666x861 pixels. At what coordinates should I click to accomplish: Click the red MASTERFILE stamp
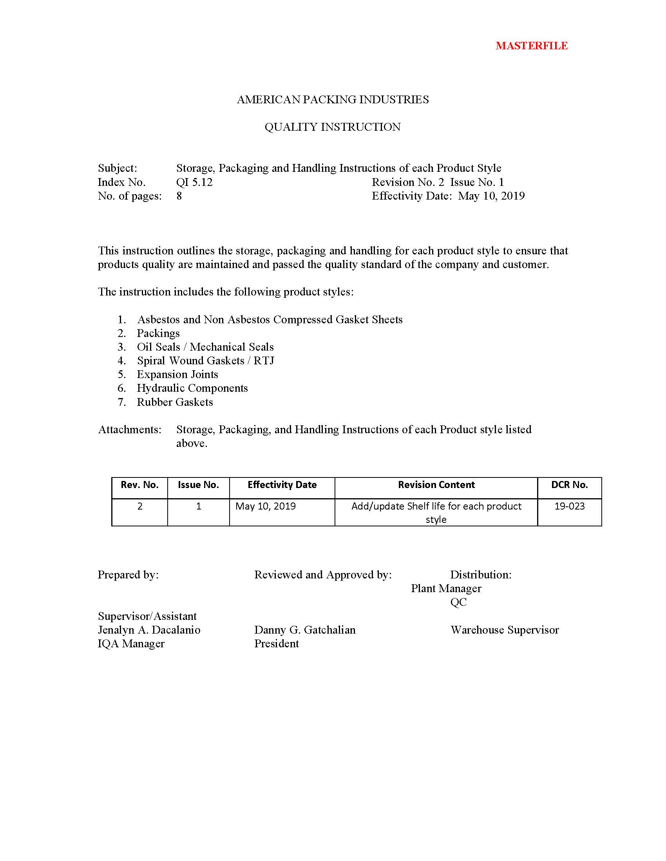click(x=532, y=46)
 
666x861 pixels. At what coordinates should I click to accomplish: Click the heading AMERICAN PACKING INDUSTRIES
click(x=333, y=99)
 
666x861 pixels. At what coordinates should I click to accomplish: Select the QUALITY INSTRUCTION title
click(x=333, y=127)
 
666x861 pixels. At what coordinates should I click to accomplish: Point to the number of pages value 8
click(x=179, y=196)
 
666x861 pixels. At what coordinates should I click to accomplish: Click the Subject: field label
click(x=118, y=168)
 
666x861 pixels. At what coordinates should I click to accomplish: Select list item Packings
click(x=158, y=333)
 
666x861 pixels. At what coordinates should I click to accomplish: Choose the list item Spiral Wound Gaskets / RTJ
click(x=205, y=361)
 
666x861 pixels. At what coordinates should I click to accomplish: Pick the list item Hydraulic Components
click(x=192, y=388)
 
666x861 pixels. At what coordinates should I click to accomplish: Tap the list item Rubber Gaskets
click(x=175, y=402)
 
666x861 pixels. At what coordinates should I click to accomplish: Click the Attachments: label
click(x=130, y=429)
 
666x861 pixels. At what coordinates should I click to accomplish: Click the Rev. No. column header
click(x=140, y=485)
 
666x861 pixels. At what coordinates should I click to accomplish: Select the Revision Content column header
click(x=436, y=485)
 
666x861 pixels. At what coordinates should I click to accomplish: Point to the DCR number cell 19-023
click(x=569, y=506)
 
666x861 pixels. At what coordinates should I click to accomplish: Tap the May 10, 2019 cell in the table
click(x=266, y=506)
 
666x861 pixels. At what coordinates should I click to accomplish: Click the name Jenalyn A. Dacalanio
click(x=149, y=630)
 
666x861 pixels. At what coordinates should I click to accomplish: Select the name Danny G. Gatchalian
click(x=304, y=630)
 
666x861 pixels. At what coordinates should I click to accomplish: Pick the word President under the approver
click(x=276, y=644)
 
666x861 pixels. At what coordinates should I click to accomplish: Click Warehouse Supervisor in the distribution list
click(x=505, y=630)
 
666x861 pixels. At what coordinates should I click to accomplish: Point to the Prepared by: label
click(x=128, y=575)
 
